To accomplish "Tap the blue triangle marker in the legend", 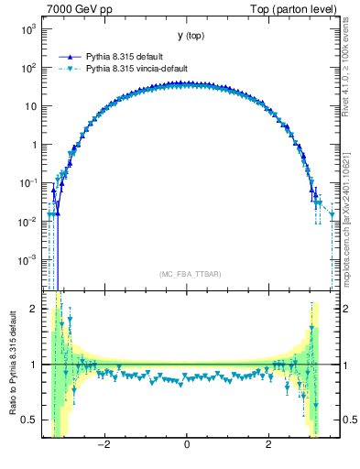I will [71, 56].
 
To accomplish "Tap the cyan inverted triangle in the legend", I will [71, 68].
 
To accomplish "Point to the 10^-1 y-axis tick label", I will [27, 183].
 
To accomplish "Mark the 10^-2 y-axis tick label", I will [27, 222].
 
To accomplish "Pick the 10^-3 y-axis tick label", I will [27, 260].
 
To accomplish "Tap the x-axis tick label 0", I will [187, 445].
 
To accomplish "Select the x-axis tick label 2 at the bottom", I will [268, 445].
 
